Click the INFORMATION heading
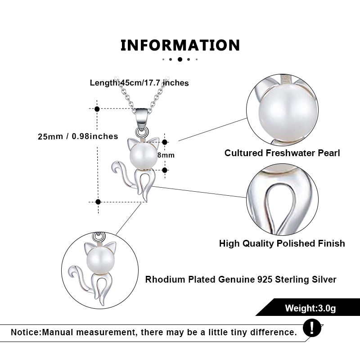click(x=180, y=45)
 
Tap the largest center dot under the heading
click(x=180, y=59)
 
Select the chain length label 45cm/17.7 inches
click(x=154, y=83)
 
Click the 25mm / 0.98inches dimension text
click(x=78, y=136)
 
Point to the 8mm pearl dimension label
click(x=166, y=155)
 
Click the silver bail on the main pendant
click(x=141, y=116)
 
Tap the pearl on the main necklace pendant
click(x=144, y=156)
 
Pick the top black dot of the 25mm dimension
click(x=97, y=109)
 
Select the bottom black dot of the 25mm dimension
click(x=98, y=202)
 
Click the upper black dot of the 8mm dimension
click(x=165, y=142)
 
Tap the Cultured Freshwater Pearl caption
click(x=282, y=153)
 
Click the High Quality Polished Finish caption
click(x=282, y=243)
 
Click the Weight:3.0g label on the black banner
click(x=310, y=308)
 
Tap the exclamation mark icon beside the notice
click(x=312, y=328)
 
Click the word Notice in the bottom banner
click(x=26, y=332)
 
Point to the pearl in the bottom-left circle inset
click(x=100, y=261)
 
